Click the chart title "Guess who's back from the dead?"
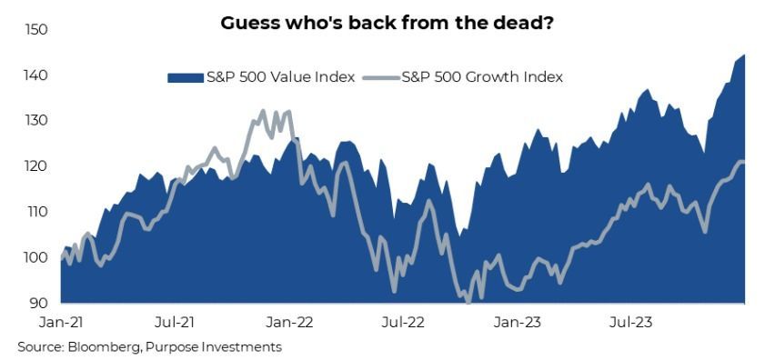(x=386, y=23)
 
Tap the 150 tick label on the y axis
(x=35, y=30)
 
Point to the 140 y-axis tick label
(x=35, y=75)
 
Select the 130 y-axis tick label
(x=35, y=121)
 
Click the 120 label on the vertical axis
(x=35, y=166)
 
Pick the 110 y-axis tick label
(x=35, y=212)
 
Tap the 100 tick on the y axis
(x=35, y=257)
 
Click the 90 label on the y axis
(x=38, y=303)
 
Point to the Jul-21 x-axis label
(x=174, y=323)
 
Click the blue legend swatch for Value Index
(x=185, y=77)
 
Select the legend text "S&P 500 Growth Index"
(x=481, y=77)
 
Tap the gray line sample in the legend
(x=381, y=77)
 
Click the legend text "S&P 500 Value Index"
(x=280, y=77)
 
